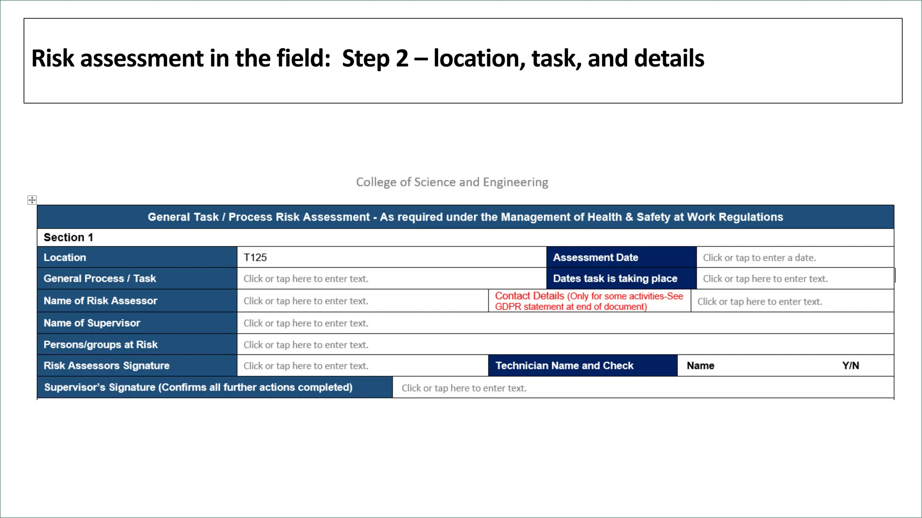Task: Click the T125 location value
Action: (x=255, y=258)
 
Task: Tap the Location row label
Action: (x=65, y=258)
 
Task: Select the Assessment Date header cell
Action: (x=596, y=258)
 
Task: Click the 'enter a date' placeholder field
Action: (x=759, y=258)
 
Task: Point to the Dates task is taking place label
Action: (x=615, y=279)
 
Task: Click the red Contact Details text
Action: (x=529, y=296)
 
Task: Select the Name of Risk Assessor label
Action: (x=100, y=301)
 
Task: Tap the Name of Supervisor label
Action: (x=92, y=323)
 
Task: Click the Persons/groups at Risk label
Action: (x=100, y=345)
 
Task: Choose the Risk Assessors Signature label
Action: (x=106, y=366)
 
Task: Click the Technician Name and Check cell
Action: (x=565, y=366)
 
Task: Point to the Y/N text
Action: (x=850, y=366)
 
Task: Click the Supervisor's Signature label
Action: (x=198, y=388)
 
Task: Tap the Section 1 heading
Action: (x=68, y=237)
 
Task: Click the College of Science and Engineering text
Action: (x=452, y=182)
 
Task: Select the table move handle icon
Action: (x=32, y=200)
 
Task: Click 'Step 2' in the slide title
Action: (x=375, y=59)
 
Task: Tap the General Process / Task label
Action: (x=99, y=279)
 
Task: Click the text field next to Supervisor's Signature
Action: (x=464, y=388)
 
